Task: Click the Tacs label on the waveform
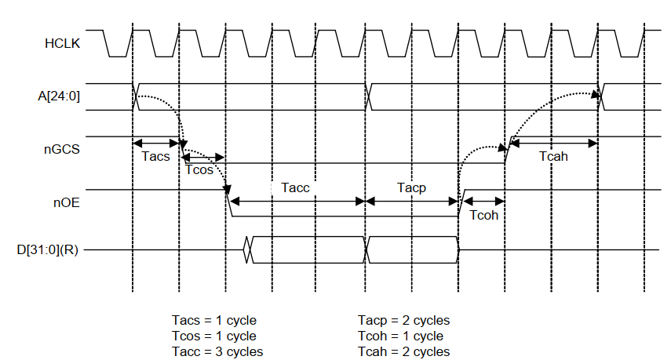(x=156, y=156)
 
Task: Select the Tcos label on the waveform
(x=199, y=170)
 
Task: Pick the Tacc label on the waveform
(x=295, y=188)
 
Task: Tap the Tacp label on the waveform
(x=411, y=188)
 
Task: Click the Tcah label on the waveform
(x=553, y=156)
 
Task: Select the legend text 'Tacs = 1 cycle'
(x=213, y=321)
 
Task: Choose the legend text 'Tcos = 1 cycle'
(x=214, y=336)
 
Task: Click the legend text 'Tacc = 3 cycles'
(x=217, y=351)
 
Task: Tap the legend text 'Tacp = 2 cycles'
(x=403, y=321)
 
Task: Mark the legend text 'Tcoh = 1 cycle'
(x=400, y=336)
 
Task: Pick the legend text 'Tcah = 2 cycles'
(x=403, y=351)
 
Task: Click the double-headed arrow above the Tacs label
(x=157, y=143)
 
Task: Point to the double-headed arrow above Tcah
(x=555, y=143)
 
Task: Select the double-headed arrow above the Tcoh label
(x=481, y=202)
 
